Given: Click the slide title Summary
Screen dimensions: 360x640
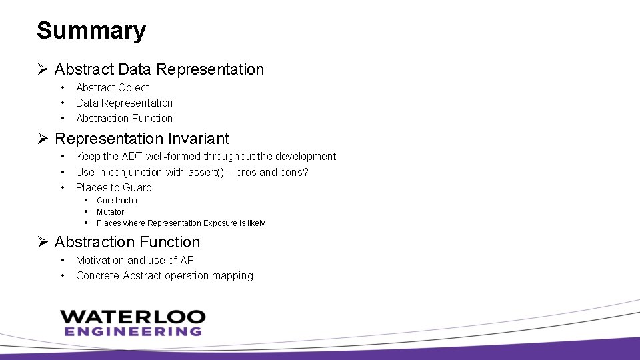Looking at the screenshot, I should click(x=91, y=31).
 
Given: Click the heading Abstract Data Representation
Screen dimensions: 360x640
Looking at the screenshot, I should click(x=159, y=69).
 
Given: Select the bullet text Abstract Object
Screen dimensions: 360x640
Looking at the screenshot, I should click(x=112, y=87).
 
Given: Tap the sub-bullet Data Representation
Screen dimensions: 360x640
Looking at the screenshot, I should click(x=124, y=103).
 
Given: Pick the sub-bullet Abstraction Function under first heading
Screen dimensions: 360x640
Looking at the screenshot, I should click(x=124, y=118).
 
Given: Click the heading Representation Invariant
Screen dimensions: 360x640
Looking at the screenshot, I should click(x=141, y=139).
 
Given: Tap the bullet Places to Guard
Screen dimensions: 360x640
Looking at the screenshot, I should click(x=113, y=187).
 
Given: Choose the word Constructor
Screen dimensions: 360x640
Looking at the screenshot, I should click(x=117, y=201).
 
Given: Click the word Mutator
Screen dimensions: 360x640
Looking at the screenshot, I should click(x=110, y=212).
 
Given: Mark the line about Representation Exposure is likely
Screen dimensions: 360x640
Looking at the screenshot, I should click(x=180, y=223).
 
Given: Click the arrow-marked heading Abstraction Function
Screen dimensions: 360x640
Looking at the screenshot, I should click(x=127, y=242).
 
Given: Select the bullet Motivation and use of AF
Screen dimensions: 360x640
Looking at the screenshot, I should click(x=134, y=260).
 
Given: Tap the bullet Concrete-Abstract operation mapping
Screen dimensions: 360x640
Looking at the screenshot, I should click(x=164, y=275).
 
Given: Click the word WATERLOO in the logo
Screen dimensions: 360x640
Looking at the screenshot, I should click(x=133, y=317).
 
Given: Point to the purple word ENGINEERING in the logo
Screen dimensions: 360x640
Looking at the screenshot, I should click(x=133, y=331).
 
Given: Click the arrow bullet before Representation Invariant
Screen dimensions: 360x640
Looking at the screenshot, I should click(x=43, y=139).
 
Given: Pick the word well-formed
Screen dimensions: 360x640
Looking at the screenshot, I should click(x=174, y=156).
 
